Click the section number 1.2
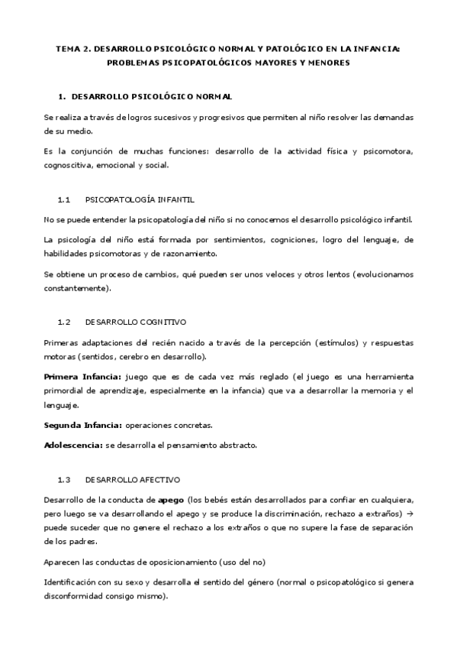coord(64,322)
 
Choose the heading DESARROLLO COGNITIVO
coord(136,322)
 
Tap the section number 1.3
coord(64,479)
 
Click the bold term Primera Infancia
coord(82,377)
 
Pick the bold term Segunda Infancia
coord(82,424)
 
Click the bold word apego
coord(170,499)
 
